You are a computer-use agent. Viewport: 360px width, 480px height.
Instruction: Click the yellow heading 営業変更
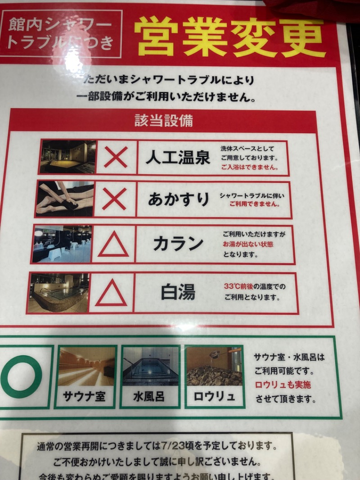coord(229,37)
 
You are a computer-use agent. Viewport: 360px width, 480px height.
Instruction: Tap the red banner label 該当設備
coord(163,121)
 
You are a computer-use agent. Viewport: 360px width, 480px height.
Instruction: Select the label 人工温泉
coord(178,158)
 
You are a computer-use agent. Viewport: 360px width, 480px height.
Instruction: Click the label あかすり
coord(178,199)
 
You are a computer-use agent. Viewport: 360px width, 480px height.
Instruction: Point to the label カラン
coord(178,244)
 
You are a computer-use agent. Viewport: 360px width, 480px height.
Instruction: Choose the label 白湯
coord(178,292)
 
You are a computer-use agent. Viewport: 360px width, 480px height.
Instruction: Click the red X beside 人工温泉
coord(116,157)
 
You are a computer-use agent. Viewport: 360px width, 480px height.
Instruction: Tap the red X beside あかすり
coord(114,199)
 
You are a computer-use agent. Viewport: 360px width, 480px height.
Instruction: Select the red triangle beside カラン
coord(113,245)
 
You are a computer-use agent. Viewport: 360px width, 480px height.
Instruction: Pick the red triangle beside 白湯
coord(111,293)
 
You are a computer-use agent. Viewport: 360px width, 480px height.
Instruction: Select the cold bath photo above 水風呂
coord(150,366)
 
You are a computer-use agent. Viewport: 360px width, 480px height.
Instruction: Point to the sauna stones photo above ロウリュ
coord(214,366)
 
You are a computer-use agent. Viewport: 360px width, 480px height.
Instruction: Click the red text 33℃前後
coord(238,286)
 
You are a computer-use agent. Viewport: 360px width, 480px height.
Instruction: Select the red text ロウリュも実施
coord(283,385)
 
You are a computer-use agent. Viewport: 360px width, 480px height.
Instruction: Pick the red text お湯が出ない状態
coord(248,244)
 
